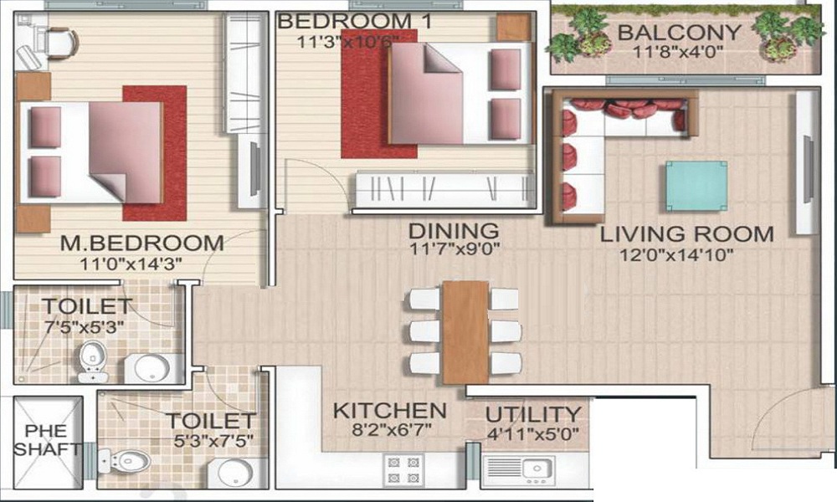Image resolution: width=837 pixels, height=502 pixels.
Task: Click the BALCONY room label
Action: [679, 32]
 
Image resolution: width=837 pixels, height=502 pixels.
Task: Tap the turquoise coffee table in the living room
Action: [696, 187]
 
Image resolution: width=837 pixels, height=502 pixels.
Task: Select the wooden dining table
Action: [465, 332]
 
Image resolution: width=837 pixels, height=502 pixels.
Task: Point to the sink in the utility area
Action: [537, 469]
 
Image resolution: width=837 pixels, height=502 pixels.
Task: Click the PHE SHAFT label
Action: [48, 440]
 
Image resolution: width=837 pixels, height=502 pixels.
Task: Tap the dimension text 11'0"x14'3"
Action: [131, 264]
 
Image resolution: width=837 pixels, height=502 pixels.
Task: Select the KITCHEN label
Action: [390, 411]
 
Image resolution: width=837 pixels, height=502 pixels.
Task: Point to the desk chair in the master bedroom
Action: [61, 41]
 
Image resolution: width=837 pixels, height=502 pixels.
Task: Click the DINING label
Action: [454, 232]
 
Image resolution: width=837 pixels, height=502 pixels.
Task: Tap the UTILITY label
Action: [532, 415]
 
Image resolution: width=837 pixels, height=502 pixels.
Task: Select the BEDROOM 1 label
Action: [355, 22]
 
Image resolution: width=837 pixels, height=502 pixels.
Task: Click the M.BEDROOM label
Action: [142, 243]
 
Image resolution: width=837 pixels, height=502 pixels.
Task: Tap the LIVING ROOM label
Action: [687, 234]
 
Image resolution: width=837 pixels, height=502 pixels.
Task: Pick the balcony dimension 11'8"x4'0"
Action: [678, 52]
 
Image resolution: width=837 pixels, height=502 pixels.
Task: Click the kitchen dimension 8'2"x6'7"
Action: [391, 430]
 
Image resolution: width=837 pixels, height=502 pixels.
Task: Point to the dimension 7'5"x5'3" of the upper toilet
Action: [84, 327]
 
